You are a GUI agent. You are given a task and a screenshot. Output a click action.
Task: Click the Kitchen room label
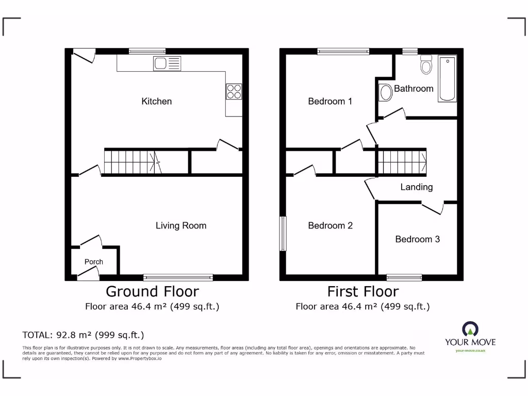point(156,102)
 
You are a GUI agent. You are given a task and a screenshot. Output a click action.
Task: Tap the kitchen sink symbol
point(167,64)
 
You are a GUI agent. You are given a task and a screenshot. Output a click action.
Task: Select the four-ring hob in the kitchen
point(234,91)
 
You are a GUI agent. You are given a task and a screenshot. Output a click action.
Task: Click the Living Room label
point(181,226)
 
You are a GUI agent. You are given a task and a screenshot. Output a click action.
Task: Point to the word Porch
point(94,262)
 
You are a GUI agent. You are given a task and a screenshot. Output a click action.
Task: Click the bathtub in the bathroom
point(447,79)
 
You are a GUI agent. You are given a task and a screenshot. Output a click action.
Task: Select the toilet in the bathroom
point(426,64)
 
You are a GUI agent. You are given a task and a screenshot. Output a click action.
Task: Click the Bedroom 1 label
point(330,102)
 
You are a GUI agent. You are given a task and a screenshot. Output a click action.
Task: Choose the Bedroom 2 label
point(330,226)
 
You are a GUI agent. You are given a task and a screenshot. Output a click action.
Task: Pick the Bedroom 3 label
point(417,239)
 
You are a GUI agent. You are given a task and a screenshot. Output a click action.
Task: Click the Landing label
point(416,187)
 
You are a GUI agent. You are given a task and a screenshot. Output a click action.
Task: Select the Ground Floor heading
point(152,292)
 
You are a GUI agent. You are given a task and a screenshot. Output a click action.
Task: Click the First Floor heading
point(362,292)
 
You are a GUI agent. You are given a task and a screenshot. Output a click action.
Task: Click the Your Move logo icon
point(470,328)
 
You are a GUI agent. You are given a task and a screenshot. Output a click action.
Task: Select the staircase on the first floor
point(402,161)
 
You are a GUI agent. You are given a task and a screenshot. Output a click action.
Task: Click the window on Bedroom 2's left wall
point(283,234)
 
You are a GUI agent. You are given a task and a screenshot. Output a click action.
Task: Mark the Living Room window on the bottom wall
point(178,277)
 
